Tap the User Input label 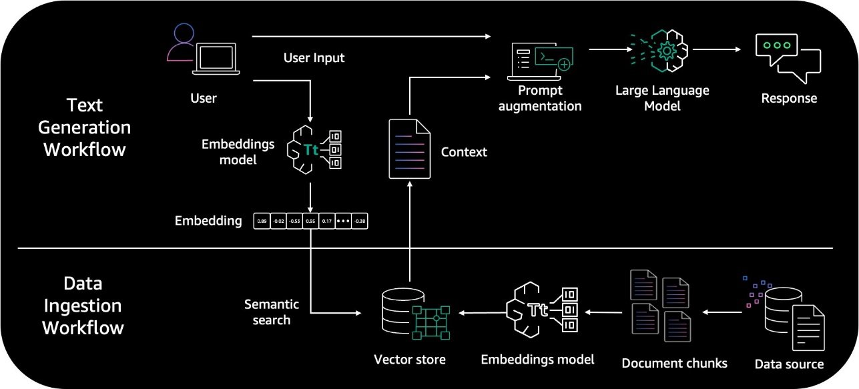[314, 58]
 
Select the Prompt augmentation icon [540, 59]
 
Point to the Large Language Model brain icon [660, 51]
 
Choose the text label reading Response [789, 98]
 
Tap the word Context [464, 152]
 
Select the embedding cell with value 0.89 [262, 221]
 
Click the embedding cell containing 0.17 [327, 221]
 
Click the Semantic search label [271, 312]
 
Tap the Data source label [789, 364]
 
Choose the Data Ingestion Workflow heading [83, 306]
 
